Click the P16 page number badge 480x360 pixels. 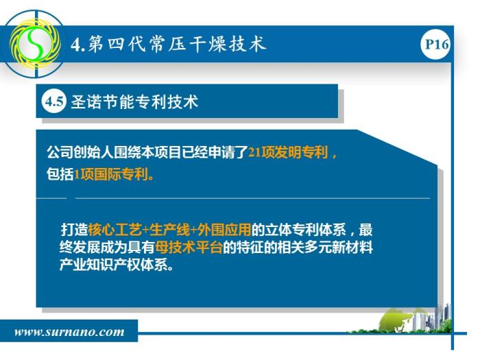pyautogui.click(x=435, y=44)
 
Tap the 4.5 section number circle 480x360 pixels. pyautogui.click(x=54, y=101)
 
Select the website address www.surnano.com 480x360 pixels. pyautogui.click(x=69, y=332)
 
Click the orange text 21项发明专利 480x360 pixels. pyautogui.click(x=288, y=152)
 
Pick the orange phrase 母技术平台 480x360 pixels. pyautogui.click(x=189, y=247)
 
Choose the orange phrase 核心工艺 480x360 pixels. pyautogui.click(x=115, y=230)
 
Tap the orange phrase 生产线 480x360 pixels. pyautogui.click(x=169, y=230)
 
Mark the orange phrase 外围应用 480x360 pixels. pyautogui.click(x=224, y=230)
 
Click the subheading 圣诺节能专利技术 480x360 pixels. pyautogui.click(x=134, y=101)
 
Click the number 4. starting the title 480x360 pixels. pyautogui.click(x=77, y=45)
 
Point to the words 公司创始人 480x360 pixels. pyautogui.click(x=80, y=152)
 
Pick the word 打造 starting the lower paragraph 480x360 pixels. pyautogui.click(x=74, y=230)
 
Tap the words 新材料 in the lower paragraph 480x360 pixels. pyautogui.click(x=352, y=247)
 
